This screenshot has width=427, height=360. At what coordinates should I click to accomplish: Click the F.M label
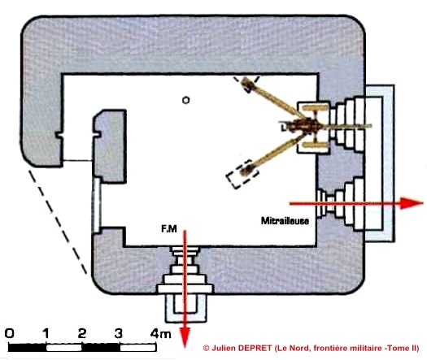pos(169,229)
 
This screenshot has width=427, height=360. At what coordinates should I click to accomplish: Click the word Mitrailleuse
pos(285,221)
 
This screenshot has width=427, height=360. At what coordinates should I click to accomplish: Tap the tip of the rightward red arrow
pos(423,203)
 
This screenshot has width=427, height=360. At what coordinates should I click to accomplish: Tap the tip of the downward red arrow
pos(185,347)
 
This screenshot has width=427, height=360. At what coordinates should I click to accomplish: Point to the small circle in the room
pos(186,101)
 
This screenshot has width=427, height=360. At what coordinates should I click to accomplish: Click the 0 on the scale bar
pos(10,333)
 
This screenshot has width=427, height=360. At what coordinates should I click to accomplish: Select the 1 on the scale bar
pos(46,333)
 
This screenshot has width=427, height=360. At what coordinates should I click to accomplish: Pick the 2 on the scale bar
pos(82,333)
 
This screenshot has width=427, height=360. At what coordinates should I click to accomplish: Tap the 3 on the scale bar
pos(119,333)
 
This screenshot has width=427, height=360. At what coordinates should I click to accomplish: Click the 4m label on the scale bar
pos(161,333)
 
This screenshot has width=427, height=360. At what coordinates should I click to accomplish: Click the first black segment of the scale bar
pos(27,348)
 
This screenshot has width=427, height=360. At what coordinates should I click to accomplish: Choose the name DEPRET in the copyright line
pos(255,348)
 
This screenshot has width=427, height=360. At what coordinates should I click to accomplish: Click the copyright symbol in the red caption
pos(206,348)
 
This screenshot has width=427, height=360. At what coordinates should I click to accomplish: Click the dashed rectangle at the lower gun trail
pos(242,174)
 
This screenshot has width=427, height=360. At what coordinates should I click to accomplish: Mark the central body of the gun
pos(303,126)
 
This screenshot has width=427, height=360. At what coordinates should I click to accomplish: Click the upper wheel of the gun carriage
pos(315,108)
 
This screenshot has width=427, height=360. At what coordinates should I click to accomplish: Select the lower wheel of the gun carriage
pos(315,145)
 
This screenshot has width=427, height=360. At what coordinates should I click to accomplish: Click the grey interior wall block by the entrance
pos(110,146)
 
